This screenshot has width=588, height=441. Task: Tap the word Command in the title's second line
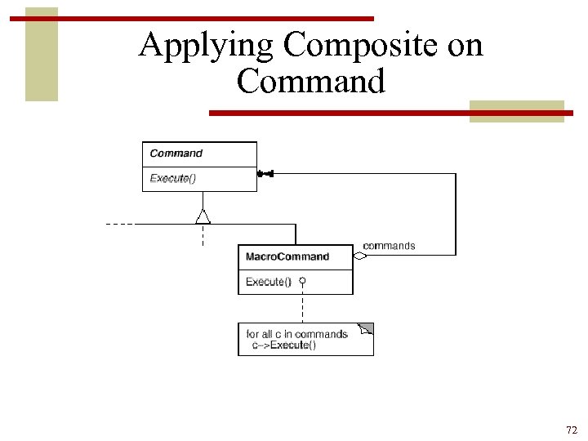click(310, 81)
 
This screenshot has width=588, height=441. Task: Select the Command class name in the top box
click(176, 154)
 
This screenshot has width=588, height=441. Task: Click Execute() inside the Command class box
click(173, 178)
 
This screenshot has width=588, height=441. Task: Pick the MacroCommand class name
click(287, 256)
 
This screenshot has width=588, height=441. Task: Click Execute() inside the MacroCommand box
click(269, 281)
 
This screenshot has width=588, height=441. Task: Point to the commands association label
click(389, 246)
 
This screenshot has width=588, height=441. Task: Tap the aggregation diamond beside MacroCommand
click(360, 256)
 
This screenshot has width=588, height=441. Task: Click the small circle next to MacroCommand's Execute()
click(302, 281)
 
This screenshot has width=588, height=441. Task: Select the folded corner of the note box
click(366, 329)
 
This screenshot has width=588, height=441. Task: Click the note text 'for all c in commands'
click(297, 334)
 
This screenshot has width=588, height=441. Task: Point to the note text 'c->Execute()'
click(284, 345)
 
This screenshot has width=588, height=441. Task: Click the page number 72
click(571, 430)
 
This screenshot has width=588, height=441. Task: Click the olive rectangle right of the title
click(516, 111)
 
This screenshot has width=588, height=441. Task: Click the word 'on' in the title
click(465, 46)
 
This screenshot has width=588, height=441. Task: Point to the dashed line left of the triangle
click(120, 223)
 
